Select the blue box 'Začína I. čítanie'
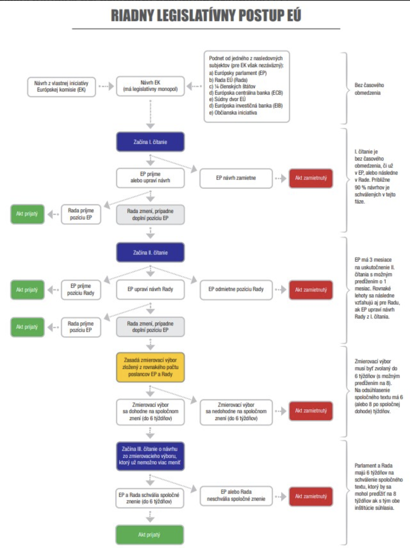150,142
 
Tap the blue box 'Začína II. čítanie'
150,253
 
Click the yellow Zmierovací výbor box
150,367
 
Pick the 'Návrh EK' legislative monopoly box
150,86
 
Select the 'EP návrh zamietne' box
236,178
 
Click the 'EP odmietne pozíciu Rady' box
236,289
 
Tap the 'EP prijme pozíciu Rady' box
80,289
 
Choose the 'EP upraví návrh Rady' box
150,289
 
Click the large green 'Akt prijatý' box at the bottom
149,535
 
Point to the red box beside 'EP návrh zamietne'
311,178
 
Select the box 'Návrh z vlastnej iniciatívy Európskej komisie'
61,86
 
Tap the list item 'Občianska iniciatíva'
235,113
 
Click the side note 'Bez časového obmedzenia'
369,89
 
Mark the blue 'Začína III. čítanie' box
150,456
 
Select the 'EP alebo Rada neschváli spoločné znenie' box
236,496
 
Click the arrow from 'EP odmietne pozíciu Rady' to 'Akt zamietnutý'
280,289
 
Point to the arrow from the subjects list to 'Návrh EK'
194,86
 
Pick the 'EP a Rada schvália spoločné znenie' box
149,498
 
